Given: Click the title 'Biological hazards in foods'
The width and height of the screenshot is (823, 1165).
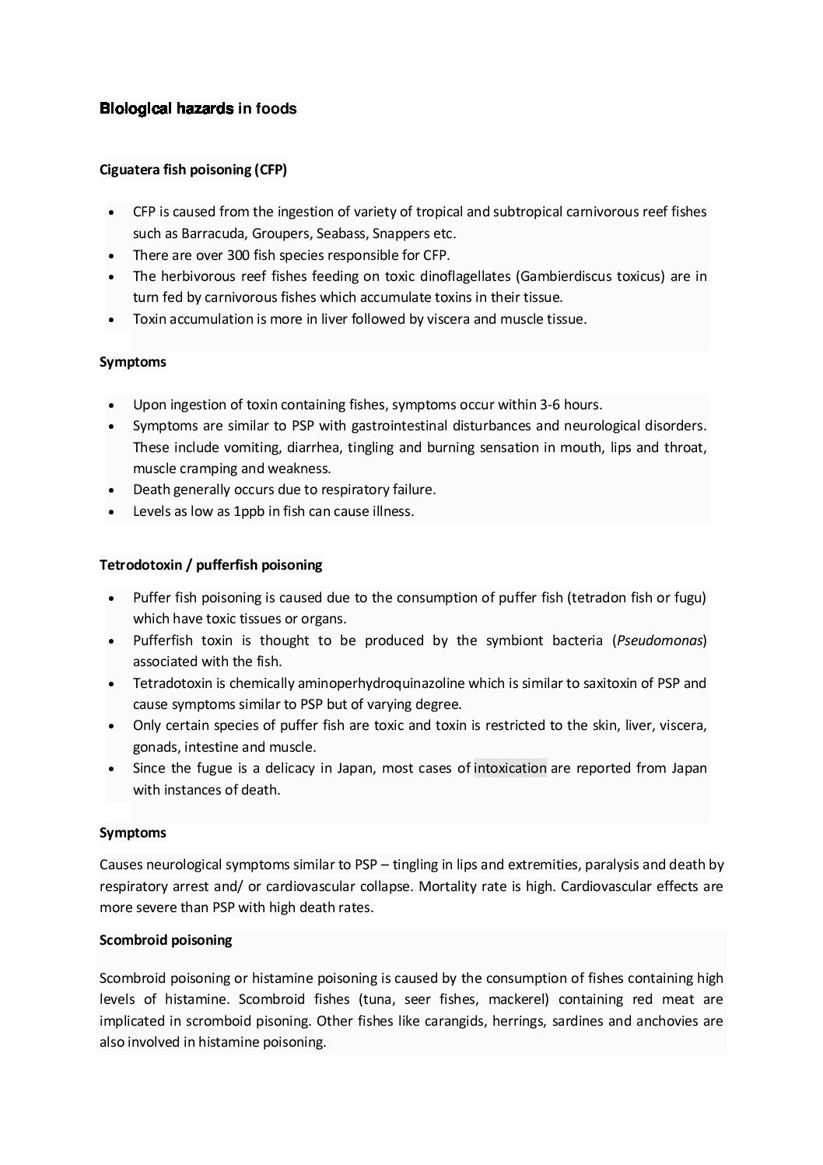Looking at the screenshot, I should [198, 109].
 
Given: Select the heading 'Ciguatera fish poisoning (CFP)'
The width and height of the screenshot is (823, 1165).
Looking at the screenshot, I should [193, 170].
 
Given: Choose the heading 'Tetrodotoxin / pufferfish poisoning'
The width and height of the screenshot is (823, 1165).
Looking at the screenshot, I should [211, 565].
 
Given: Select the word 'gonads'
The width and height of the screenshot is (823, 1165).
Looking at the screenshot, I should [155, 747].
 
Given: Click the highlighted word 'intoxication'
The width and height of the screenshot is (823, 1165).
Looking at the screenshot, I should [510, 768].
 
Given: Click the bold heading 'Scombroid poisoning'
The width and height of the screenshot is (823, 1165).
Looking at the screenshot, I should [166, 940].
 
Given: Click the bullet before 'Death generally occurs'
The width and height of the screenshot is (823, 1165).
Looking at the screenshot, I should [114, 490].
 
